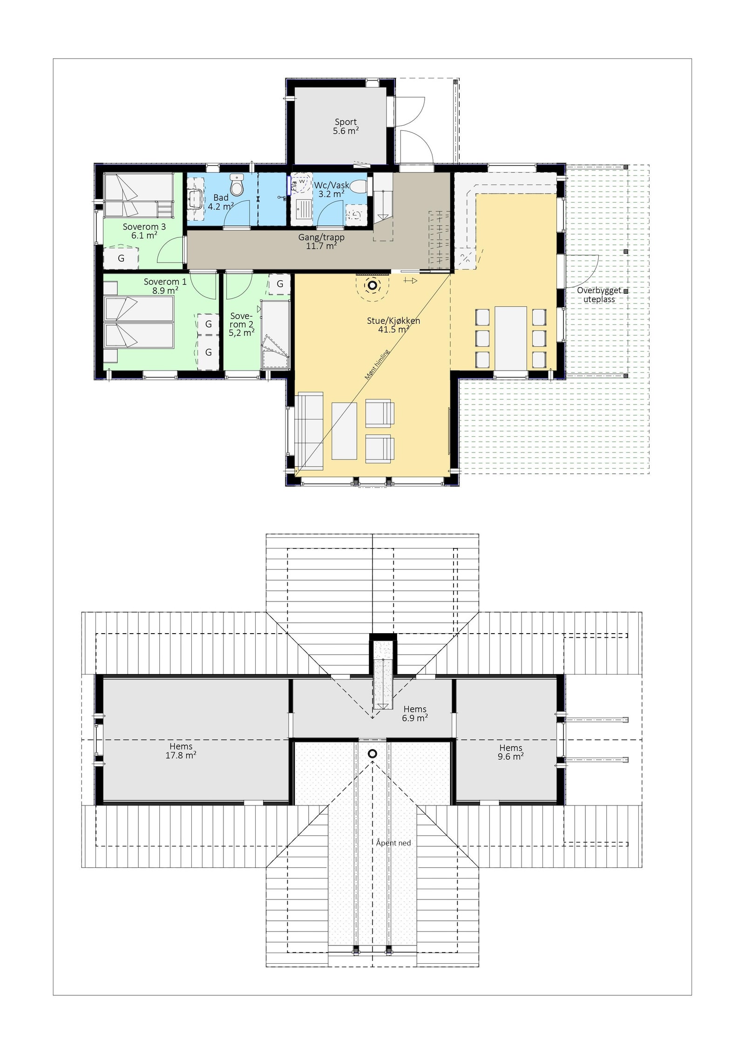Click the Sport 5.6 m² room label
click(345, 127)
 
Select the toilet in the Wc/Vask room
click(359, 187)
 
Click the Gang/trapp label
click(321, 242)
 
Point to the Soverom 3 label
click(144, 231)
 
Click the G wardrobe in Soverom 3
click(121, 258)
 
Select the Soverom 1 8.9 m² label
click(165, 286)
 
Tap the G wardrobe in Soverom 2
click(280, 284)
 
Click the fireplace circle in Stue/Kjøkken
click(372, 285)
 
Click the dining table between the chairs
click(511, 337)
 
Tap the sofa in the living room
click(308, 430)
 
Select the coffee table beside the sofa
click(344, 431)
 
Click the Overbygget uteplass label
click(599, 295)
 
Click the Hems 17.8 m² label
click(181, 751)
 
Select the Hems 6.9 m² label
click(415, 713)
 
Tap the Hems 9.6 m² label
click(511, 752)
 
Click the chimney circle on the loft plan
click(372, 753)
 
